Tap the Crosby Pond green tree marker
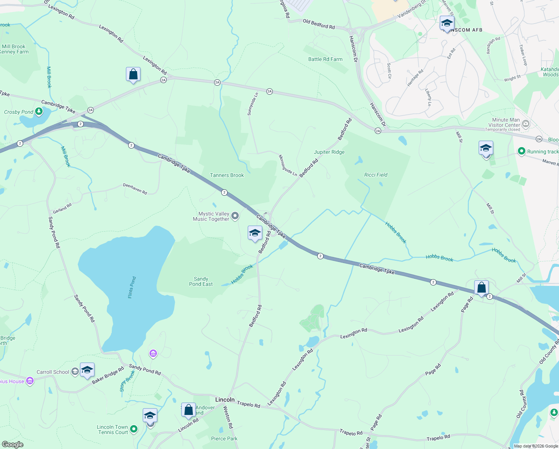tap(38, 111)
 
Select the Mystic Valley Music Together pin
tap(235, 216)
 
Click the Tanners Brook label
tap(227, 175)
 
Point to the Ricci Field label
tap(376, 175)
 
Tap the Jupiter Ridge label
tap(329, 152)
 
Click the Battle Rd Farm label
tap(325, 59)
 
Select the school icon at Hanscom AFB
tap(447, 24)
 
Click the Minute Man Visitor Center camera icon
tap(526, 123)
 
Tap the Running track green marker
tap(521, 151)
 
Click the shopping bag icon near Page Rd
tap(481, 288)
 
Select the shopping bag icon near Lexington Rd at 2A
tap(133, 74)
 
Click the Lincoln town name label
tap(225, 400)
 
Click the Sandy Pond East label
tap(201, 281)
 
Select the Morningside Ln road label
tap(287, 166)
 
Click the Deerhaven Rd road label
tap(135, 189)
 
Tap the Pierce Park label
tap(224, 439)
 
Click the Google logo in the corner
tap(12, 445)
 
